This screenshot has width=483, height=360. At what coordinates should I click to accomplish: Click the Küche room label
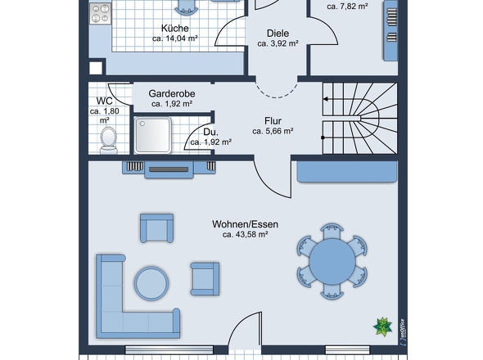pyautogui.click(x=175, y=29)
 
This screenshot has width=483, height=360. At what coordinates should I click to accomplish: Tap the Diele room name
pyautogui.click(x=278, y=34)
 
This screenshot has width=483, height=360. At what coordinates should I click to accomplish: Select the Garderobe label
pyautogui.click(x=172, y=93)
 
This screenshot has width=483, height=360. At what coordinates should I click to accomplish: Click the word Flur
pyautogui.click(x=273, y=121)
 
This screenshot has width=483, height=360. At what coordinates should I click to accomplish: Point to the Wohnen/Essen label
pyautogui.click(x=246, y=224)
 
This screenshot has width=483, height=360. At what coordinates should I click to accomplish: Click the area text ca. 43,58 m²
pyautogui.click(x=246, y=235)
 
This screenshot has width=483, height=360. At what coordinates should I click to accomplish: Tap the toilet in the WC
pyautogui.click(x=109, y=141)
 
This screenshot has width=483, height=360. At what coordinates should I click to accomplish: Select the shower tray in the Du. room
pyautogui.click(x=153, y=135)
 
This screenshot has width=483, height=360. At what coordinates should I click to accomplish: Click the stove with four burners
pyautogui.click(x=100, y=13)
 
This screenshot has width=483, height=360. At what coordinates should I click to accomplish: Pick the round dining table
pyautogui.click(x=332, y=262)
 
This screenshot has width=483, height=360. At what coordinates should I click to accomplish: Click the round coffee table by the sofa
pyautogui.click(x=151, y=283)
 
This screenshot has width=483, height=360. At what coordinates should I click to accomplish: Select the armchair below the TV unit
pyautogui.click(x=157, y=228)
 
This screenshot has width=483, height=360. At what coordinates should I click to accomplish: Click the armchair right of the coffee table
pyautogui.click(x=205, y=279)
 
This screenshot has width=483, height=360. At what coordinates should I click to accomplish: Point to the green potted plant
pyautogui.click(x=382, y=326)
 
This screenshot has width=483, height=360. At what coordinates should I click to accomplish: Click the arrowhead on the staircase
pyautogui.click(x=325, y=99)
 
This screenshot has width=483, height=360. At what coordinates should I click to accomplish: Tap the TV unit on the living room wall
pyautogui.click(x=169, y=169)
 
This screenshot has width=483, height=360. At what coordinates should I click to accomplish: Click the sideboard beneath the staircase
pyautogui.click(x=347, y=172)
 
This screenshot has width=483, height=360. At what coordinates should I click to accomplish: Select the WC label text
pyautogui.click(x=105, y=101)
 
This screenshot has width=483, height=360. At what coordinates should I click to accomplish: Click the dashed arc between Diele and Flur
pyautogui.click(x=277, y=97)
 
